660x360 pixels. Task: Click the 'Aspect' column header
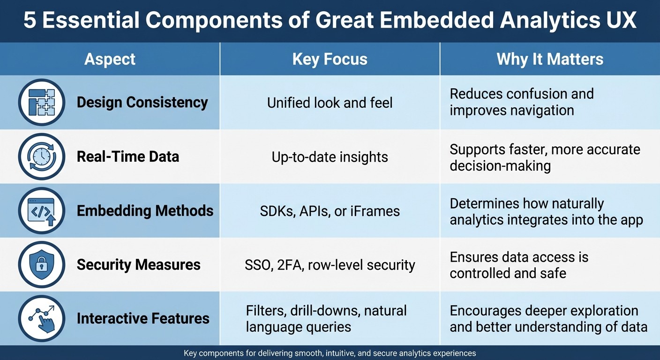110,60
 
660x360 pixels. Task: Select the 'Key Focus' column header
330,60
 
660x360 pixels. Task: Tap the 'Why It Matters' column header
549,60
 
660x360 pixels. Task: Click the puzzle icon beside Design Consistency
42,102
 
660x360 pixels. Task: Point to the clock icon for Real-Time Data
42,157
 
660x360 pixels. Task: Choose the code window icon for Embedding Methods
42,211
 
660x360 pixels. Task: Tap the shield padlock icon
42,265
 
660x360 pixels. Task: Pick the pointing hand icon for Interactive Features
42,319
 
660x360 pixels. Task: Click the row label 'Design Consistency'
142,102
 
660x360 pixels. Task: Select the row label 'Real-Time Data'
128,157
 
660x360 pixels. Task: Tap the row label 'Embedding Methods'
145,211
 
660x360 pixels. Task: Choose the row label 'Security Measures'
138,265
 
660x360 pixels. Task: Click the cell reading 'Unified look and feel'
330,103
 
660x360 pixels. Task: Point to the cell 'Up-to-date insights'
330,157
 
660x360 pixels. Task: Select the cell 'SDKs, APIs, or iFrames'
330,211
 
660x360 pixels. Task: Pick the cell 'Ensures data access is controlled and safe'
518,265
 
